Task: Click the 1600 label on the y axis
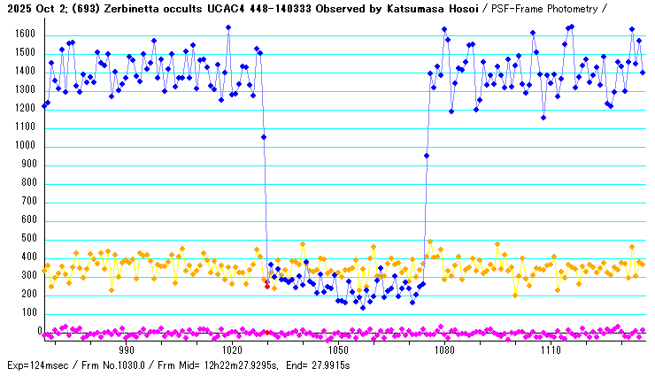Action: click(24, 35)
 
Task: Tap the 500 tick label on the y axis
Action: click(27, 239)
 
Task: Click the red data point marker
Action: click(266, 286)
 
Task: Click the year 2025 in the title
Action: click(15, 8)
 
